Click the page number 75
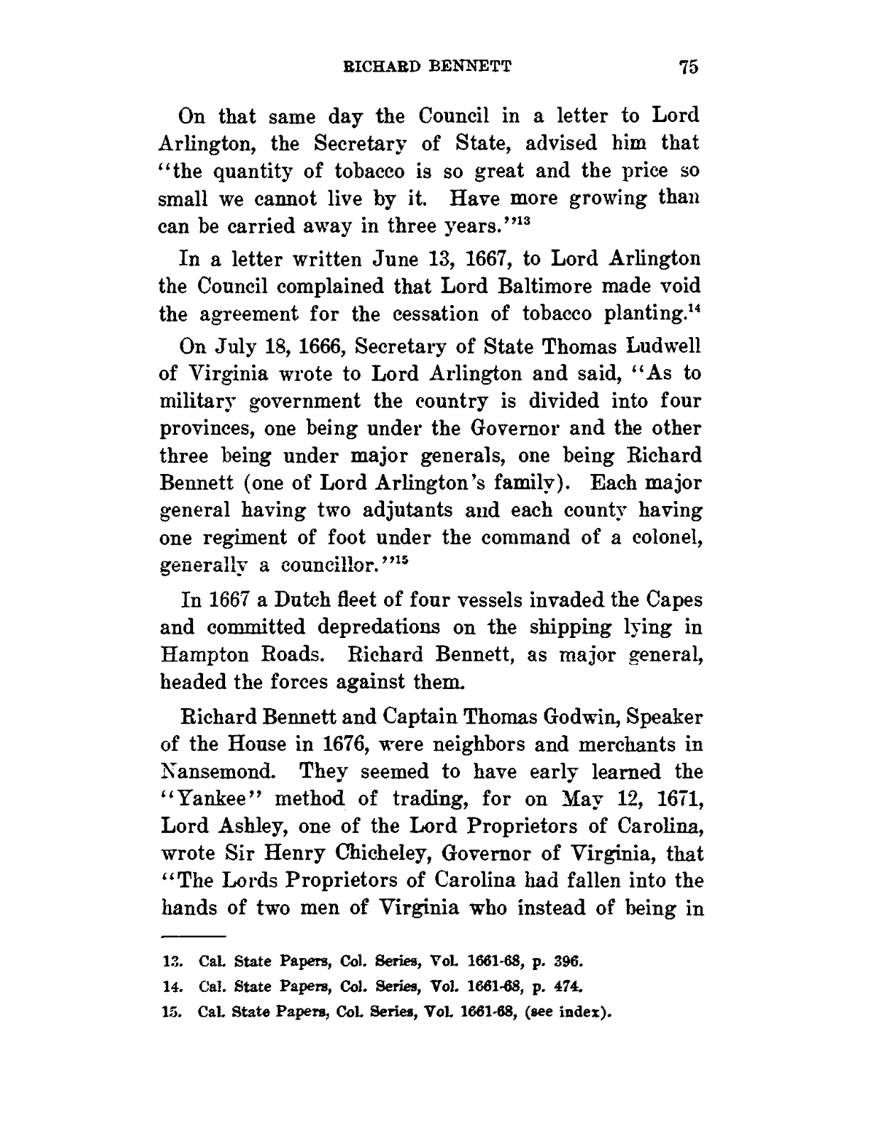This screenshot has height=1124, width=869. pos(689,67)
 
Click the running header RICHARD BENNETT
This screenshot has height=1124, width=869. pos(427,67)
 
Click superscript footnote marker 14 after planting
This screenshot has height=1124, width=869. pos(694,308)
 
